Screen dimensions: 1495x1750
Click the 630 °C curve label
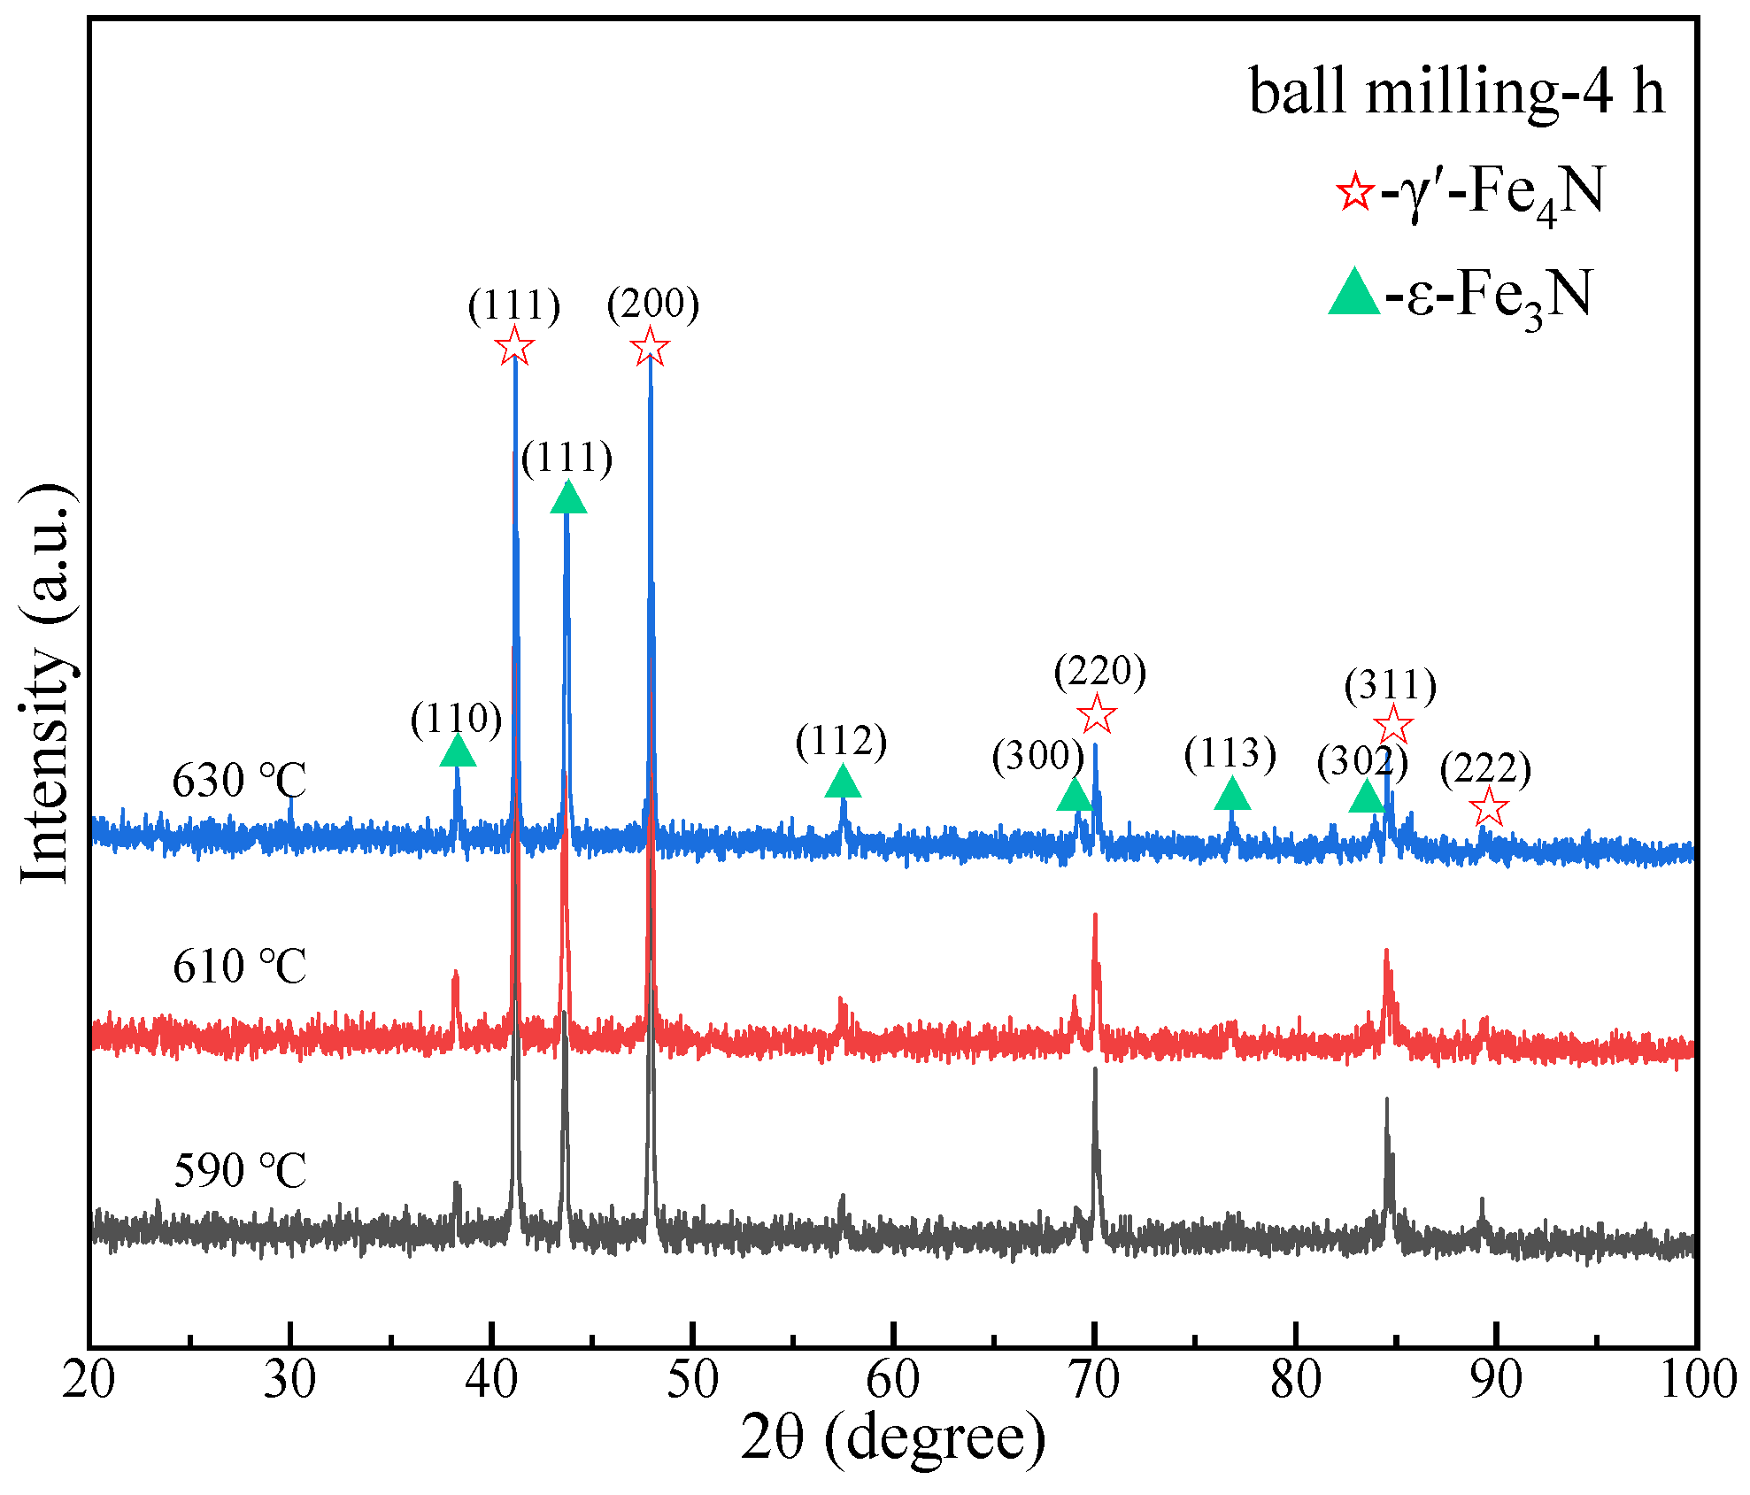[x=239, y=781]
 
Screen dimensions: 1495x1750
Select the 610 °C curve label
[x=239, y=966]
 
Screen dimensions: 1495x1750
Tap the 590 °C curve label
[x=239, y=1170]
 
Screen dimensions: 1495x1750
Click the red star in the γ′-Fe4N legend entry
[x=1354, y=191]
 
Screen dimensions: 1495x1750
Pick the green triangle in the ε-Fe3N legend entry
[x=1354, y=293]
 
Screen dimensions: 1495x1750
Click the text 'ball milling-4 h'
[x=1456, y=91]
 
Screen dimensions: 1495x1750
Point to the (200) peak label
[x=653, y=304]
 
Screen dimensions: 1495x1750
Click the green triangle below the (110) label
[x=458, y=751]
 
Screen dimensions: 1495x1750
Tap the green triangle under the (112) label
[x=843, y=782]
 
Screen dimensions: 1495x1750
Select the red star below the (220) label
[x=1097, y=713]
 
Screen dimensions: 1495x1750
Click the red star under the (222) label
[x=1489, y=807]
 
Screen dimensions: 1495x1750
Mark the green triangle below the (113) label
[x=1232, y=794]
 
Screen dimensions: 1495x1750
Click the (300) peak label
[x=1037, y=756]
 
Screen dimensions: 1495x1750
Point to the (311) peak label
[x=1390, y=686]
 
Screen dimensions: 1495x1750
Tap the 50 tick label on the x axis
[x=692, y=1380]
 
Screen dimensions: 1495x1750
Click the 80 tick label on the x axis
[x=1296, y=1380]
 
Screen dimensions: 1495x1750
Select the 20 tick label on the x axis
[x=89, y=1380]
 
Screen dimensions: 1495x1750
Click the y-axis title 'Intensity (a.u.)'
[x=46, y=683]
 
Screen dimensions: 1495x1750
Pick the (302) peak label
[x=1361, y=761]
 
